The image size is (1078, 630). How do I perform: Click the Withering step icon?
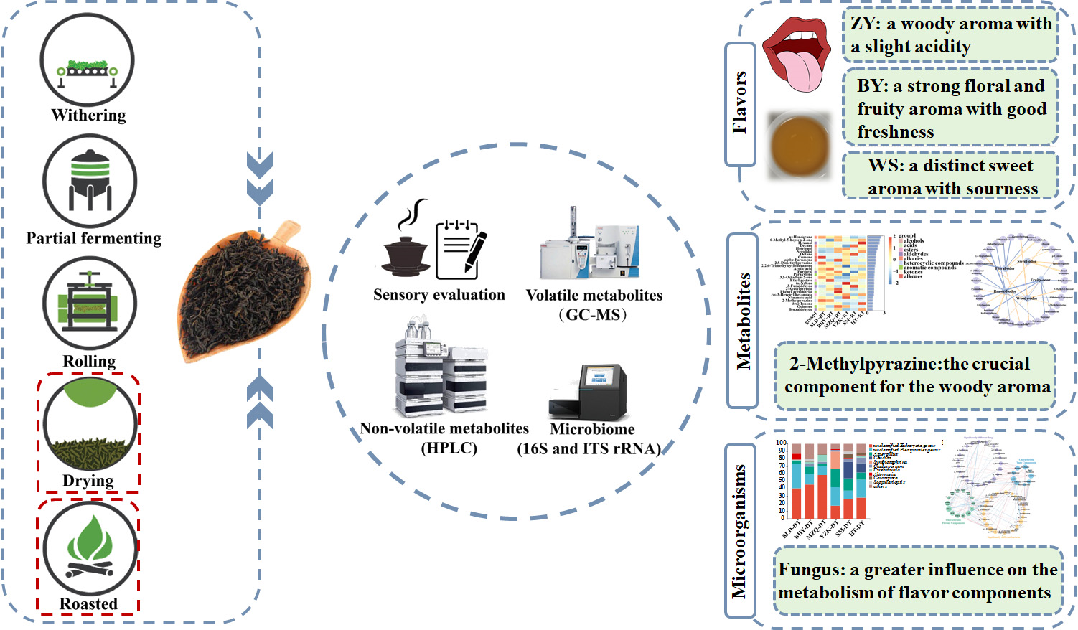[x=87, y=60]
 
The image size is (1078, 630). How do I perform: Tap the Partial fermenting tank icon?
[x=90, y=182]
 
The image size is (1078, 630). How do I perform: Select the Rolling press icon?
[x=89, y=304]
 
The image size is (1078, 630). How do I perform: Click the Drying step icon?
[x=90, y=425]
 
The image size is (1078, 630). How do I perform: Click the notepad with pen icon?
[x=461, y=250]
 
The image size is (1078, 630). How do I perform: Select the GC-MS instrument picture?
[x=590, y=245]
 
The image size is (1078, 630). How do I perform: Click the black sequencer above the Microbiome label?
[x=588, y=391]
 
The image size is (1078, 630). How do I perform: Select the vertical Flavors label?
[x=740, y=103]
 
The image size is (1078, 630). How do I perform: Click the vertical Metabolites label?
[x=743, y=321]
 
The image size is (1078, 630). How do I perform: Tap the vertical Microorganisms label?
[x=739, y=531]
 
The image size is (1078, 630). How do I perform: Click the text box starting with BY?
[x=950, y=108]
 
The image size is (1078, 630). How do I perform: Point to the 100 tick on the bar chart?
[x=782, y=443]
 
